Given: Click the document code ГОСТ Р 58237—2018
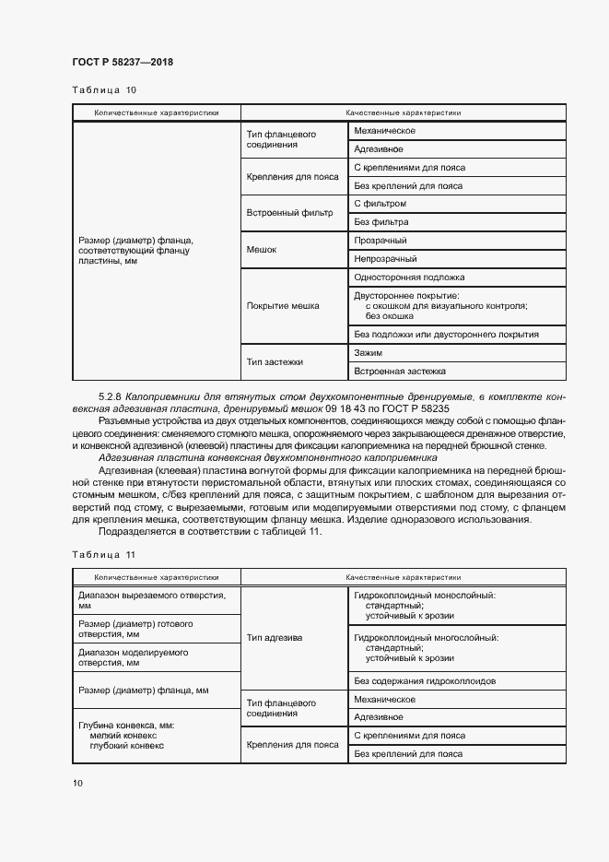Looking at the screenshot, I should pyautogui.click(x=123, y=62).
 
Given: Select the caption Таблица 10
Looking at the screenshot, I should pyautogui.click(x=103, y=89).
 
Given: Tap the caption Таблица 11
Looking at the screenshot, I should pyautogui.click(x=103, y=554).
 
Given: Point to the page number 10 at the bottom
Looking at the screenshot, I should pyautogui.click(x=77, y=783).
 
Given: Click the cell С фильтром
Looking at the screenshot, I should pyautogui.click(x=380, y=204).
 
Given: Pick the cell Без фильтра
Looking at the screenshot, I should pyautogui.click(x=381, y=222).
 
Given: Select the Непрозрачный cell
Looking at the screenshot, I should pyautogui.click(x=385, y=259).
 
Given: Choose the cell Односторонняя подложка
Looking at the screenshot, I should pyautogui.click(x=409, y=277).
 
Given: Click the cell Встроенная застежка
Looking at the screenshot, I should pyautogui.click(x=400, y=371).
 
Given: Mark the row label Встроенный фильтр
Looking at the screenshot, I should pyautogui.click(x=289, y=213).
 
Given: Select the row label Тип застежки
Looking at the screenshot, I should pyautogui.click(x=275, y=361).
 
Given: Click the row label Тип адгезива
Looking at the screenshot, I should pyautogui.click(x=275, y=638).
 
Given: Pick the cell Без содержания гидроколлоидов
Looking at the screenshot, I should pyautogui.click(x=425, y=680).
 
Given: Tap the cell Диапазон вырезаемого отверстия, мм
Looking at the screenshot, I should pyautogui.click(x=135, y=601).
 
